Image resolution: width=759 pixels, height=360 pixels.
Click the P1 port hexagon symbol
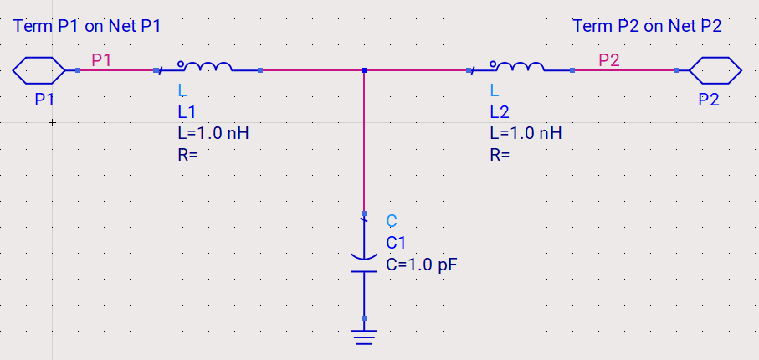(38, 70)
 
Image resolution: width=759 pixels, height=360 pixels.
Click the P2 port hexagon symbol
(715, 70)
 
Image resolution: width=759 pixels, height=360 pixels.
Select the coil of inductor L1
(208, 67)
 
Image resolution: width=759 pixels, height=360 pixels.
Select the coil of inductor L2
(521, 67)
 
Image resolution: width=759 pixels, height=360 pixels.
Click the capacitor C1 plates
(364, 264)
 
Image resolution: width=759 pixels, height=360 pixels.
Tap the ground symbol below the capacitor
(364, 337)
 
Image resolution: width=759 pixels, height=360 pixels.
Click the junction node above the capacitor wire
(364, 70)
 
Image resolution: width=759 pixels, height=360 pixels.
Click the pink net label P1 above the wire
(101, 60)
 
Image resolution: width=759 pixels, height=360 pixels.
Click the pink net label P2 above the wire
(609, 60)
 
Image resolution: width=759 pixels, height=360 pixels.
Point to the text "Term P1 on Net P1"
(87, 26)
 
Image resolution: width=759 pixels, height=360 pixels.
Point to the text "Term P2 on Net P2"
(647, 26)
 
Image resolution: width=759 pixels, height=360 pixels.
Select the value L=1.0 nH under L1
(213, 133)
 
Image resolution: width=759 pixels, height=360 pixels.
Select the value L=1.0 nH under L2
(526, 133)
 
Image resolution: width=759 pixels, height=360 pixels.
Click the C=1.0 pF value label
(422, 265)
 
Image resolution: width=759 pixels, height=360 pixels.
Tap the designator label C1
(396, 243)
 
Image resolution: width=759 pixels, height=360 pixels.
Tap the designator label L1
(187, 112)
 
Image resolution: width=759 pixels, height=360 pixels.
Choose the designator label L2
(500, 112)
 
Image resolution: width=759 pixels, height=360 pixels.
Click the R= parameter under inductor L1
(187, 155)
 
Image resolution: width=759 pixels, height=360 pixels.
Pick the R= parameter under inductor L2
(500, 155)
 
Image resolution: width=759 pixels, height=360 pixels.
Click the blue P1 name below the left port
(44, 100)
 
